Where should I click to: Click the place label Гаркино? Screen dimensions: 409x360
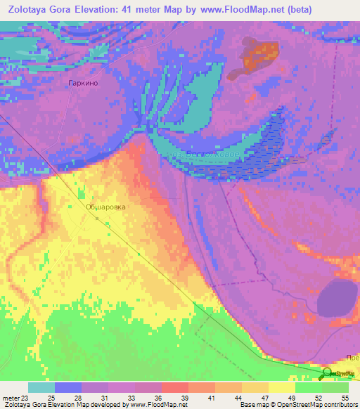coord(83,83)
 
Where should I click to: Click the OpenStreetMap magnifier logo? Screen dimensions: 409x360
coord(328,374)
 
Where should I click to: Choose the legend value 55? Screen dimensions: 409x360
coord(344,398)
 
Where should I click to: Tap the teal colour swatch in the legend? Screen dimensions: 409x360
coord(41,387)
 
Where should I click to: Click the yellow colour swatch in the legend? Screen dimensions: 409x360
coord(281,387)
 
